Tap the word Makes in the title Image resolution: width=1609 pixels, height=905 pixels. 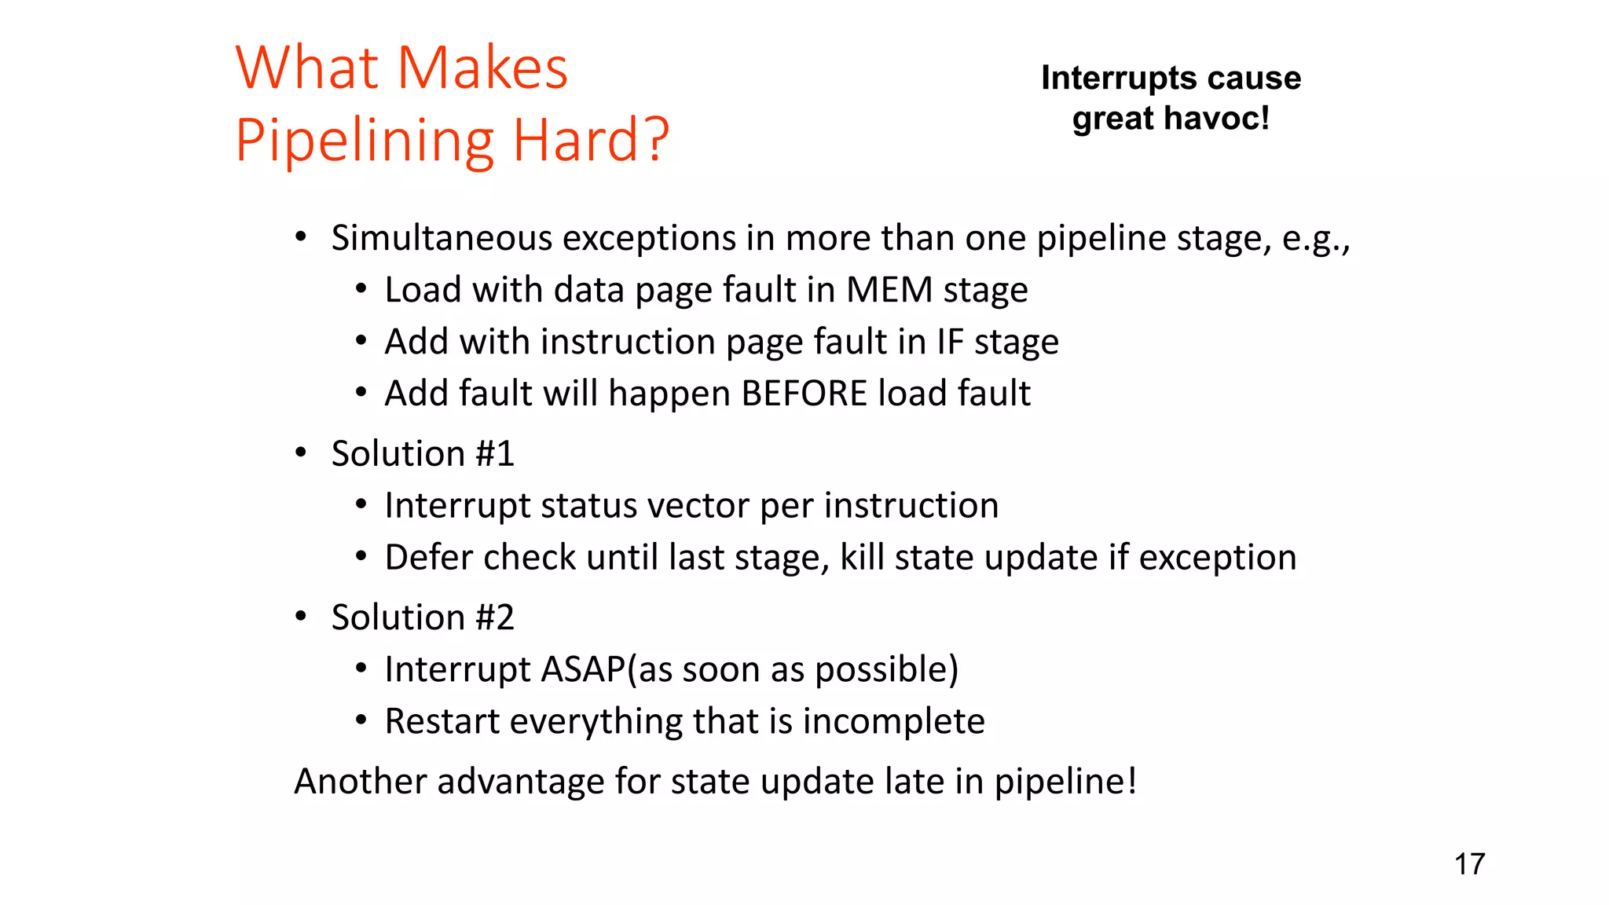click(482, 68)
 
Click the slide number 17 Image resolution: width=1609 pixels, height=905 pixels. click(1469, 864)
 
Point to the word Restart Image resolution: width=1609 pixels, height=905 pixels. click(442, 722)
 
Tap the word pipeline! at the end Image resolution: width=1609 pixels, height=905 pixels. click(1065, 782)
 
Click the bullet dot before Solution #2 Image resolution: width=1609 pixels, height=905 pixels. click(301, 617)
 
